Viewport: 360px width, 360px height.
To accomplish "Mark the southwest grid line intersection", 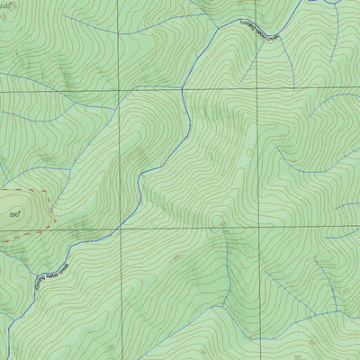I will pyautogui.click(x=118, y=229).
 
